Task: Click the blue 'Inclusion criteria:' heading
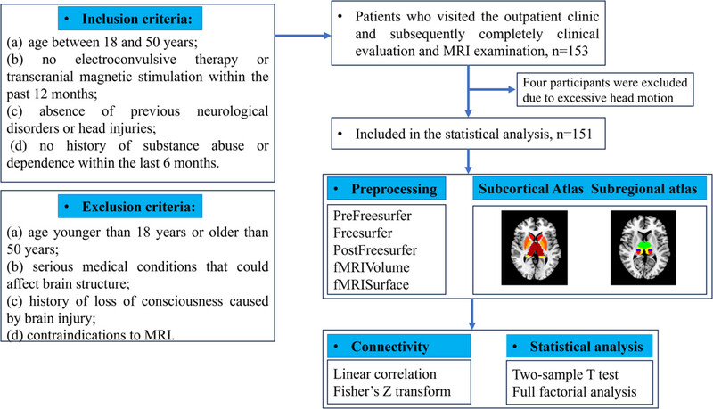(130, 19)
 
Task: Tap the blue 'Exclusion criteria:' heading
(130, 207)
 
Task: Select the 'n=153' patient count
(570, 51)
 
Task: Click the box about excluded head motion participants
(605, 90)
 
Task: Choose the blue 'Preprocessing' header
(387, 189)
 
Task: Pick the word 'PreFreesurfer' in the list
(373, 216)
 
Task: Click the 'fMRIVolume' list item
(372, 267)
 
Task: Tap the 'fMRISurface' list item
(371, 284)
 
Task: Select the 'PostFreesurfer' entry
(375, 249)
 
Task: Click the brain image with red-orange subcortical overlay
(534, 248)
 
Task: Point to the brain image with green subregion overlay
(643, 248)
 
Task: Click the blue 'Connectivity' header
(399, 347)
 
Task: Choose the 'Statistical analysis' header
(580, 347)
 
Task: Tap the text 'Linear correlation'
(385, 374)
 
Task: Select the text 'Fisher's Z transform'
(392, 391)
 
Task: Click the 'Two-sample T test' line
(565, 374)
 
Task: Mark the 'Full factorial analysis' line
(574, 392)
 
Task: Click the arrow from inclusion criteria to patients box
(303, 36)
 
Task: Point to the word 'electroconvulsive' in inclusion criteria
(126, 60)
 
